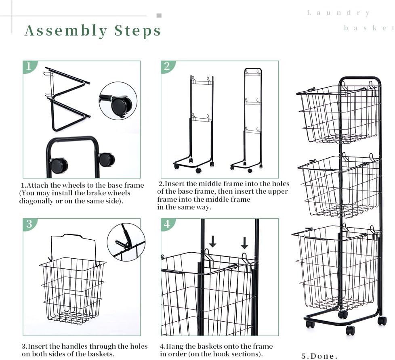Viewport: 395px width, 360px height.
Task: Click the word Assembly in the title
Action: tap(66, 31)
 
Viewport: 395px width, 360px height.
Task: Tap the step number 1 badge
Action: tap(29, 67)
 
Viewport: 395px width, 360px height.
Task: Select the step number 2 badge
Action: tap(168, 67)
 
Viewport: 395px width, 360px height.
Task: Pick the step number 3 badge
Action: tap(29, 224)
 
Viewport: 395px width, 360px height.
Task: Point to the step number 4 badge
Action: tap(168, 224)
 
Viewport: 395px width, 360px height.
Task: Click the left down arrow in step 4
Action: tap(213, 241)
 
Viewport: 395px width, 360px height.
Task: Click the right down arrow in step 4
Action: tap(244, 243)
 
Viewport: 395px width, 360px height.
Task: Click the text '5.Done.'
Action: tap(319, 356)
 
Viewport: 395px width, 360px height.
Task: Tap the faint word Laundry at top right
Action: tap(338, 13)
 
